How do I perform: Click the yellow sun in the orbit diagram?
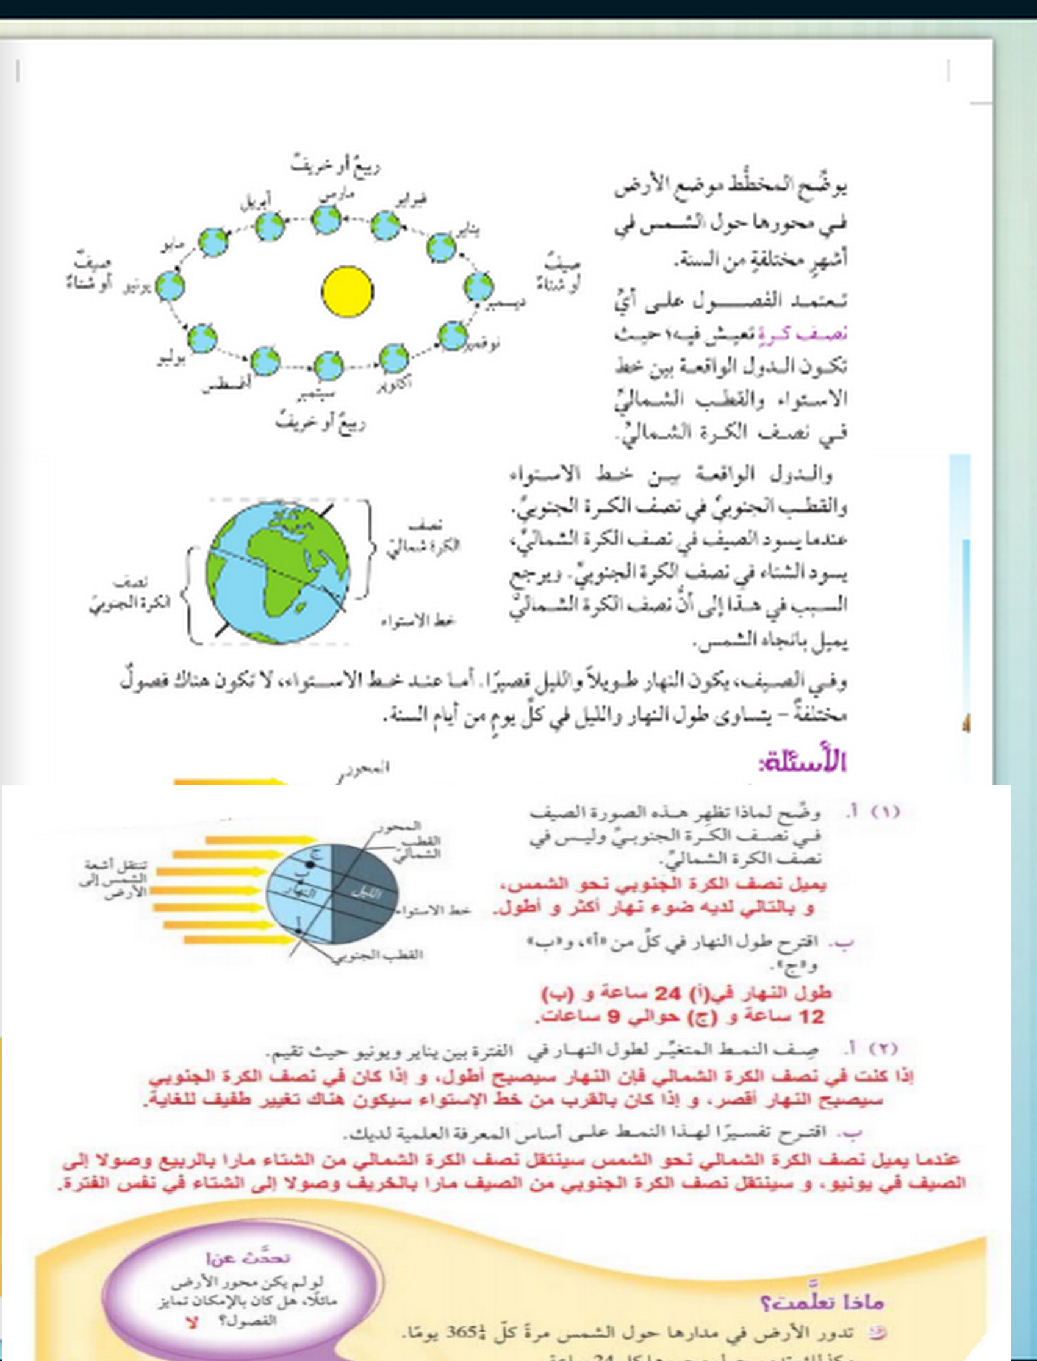coord(348,292)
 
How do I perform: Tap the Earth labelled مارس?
coord(326,220)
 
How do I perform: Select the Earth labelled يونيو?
coord(170,286)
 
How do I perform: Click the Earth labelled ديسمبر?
coord(478,285)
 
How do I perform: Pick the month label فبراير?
coord(410,197)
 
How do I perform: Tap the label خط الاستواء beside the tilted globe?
coord(418,620)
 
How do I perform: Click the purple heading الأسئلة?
coord(802,763)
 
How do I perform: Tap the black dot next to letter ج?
coord(310,865)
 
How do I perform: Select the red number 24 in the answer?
coord(666,994)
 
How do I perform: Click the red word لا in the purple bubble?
coord(192,1323)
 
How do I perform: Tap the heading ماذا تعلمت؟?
coord(821,1302)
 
